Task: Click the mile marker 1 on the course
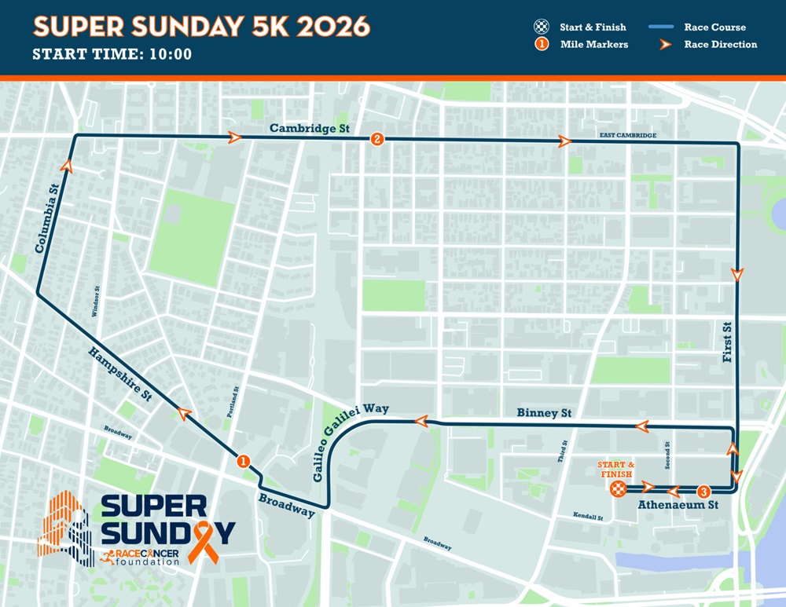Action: (244, 462)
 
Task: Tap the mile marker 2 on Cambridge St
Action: (377, 140)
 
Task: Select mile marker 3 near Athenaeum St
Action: (703, 491)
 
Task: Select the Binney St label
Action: (543, 413)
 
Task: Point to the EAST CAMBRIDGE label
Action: (627, 136)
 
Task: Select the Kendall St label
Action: (588, 518)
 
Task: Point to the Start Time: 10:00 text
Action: (112, 55)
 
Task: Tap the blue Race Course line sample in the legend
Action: (663, 27)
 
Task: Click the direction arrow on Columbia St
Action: (65, 166)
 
